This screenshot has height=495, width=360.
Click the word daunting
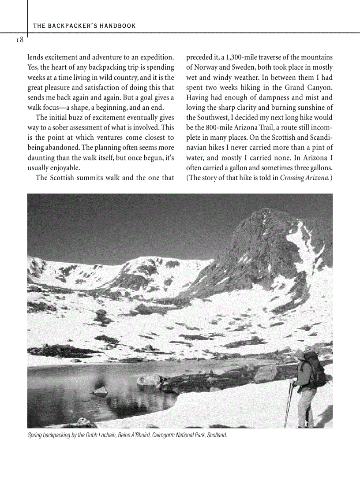(41, 158)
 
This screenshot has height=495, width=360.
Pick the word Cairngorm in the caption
(161, 435)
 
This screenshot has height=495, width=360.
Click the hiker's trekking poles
(290, 403)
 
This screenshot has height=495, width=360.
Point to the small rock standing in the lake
(100, 390)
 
